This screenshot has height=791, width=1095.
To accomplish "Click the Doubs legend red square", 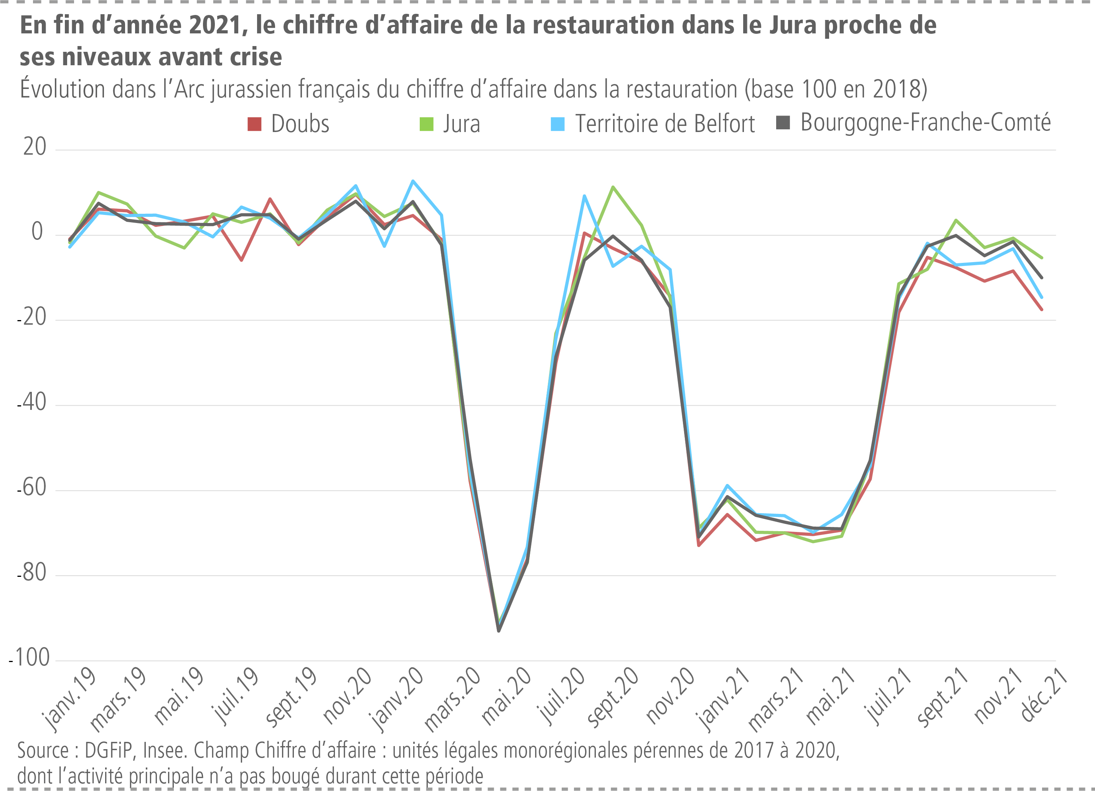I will click(254, 124).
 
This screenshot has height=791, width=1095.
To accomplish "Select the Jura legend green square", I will click(426, 124).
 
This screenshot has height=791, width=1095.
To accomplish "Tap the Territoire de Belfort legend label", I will click(665, 124).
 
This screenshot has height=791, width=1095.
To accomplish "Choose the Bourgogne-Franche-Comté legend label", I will click(925, 123).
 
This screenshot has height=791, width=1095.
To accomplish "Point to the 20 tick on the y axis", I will click(35, 147).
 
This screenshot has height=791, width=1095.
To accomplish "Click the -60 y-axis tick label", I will click(32, 488).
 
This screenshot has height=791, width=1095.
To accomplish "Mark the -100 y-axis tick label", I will click(29, 658).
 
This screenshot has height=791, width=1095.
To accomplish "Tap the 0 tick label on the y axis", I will click(37, 232).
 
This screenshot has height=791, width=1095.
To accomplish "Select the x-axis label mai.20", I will click(506, 696).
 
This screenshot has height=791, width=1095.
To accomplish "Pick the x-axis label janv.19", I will click(69, 699).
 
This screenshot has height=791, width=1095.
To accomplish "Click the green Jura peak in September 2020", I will click(613, 187).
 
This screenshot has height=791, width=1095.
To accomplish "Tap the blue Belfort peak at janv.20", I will click(413, 181).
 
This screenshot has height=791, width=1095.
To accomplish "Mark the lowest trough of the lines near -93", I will click(499, 630).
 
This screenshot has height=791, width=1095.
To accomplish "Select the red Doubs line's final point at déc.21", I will click(1042, 310).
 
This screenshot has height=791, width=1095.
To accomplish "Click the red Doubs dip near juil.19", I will click(241, 260).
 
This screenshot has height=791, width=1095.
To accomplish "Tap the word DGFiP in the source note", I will click(106, 751).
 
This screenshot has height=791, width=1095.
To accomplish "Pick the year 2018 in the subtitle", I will click(898, 90).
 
